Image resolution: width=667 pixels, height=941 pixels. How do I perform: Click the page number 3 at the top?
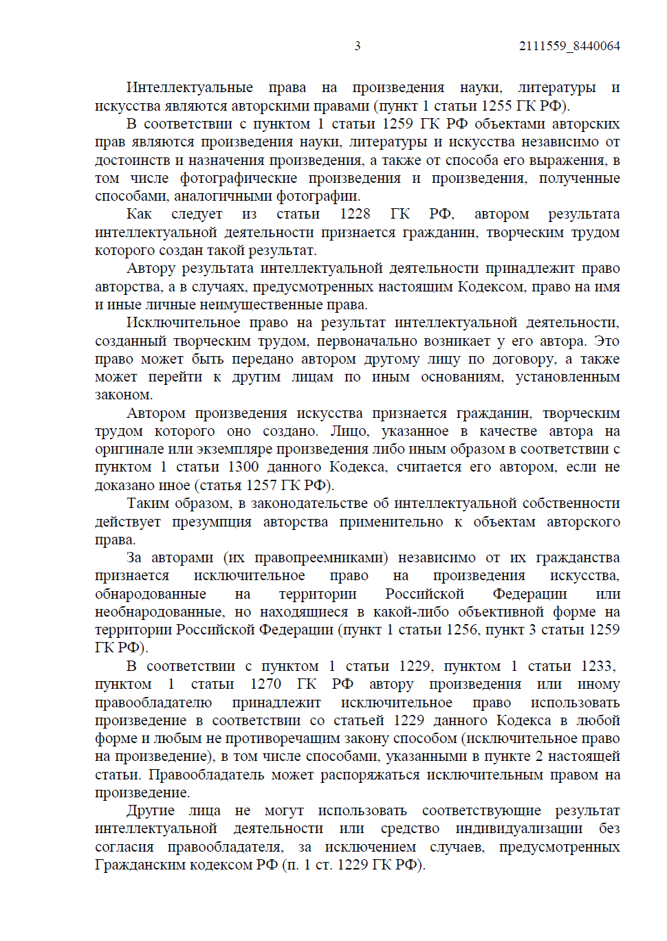tap(357, 46)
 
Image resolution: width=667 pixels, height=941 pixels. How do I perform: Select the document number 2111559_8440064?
tap(569, 46)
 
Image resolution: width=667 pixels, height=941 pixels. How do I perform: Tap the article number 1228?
tap(355, 214)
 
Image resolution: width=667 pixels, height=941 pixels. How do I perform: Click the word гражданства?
tap(578, 557)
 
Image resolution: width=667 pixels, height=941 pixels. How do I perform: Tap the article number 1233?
tap(596, 666)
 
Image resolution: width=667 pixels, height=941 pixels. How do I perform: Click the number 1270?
tap(265, 684)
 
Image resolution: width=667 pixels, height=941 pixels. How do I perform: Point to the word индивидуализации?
tap(518, 828)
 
